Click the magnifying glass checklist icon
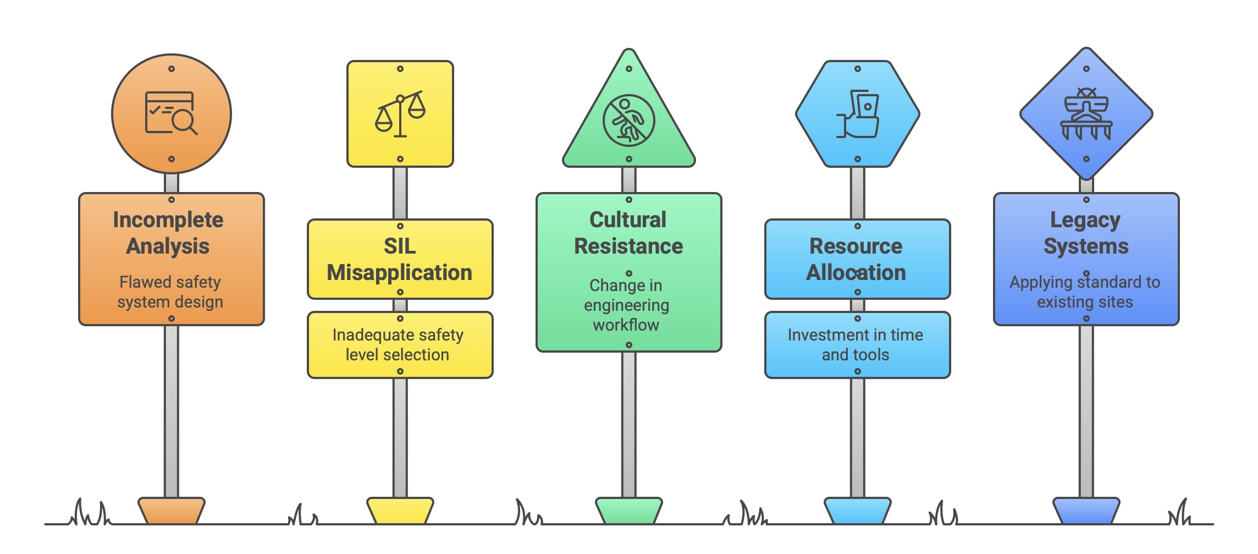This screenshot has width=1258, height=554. (x=171, y=113)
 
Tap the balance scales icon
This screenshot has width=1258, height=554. (x=400, y=114)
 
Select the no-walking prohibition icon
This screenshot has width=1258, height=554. (x=628, y=120)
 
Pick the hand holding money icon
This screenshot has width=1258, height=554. (x=858, y=114)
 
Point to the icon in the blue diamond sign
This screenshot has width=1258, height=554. (x=1086, y=114)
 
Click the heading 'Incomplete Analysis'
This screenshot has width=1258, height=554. (x=168, y=233)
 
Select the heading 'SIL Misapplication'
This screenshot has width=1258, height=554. (x=400, y=259)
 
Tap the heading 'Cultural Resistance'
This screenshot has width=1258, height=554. (x=628, y=233)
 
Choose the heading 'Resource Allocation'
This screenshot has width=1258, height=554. (x=857, y=259)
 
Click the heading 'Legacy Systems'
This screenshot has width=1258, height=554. (x=1086, y=233)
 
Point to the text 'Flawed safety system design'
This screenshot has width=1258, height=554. (x=170, y=292)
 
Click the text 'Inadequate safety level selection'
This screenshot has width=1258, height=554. (x=398, y=345)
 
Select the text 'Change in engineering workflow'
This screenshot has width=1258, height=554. (x=627, y=305)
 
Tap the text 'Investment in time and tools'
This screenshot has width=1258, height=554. (x=856, y=345)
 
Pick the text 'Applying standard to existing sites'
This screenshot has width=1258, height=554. (x=1085, y=292)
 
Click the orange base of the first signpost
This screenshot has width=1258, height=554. (x=171, y=511)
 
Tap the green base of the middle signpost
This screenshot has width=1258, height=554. (x=628, y=511)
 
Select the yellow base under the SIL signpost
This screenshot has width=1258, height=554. (x=400, y=511)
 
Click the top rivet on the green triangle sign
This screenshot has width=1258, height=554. (x=629, y=69)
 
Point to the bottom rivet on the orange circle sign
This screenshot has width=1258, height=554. (x=172, y=159)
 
